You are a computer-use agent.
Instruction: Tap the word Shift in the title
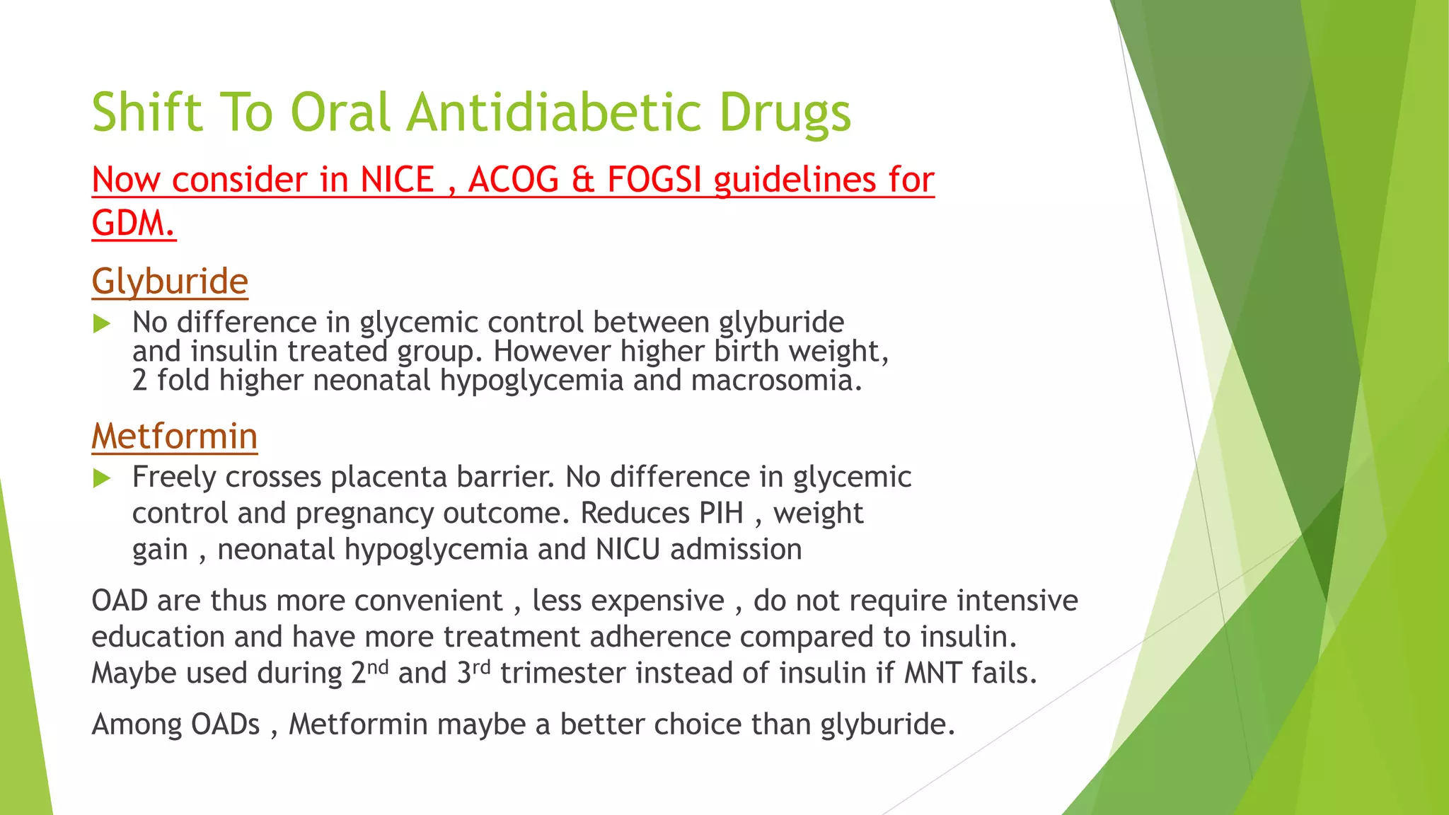click(x=147, y=113)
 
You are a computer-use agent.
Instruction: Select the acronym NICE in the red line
click(x=398, y=180)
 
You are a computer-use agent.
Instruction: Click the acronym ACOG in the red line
click(x=514, y=180)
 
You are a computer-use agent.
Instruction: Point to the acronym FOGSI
click(x=654, y=180)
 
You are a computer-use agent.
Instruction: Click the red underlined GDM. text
click(x=134, y=224)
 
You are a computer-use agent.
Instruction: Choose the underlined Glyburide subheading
click(x=170, y=282)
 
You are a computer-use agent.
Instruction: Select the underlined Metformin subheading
click(x=174, y=436)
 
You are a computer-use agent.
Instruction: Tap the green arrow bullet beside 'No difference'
click(x=102, y=324)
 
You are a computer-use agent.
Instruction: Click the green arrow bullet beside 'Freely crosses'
click(x=102, y=479)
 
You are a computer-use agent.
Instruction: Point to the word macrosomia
click(x=776, y=381)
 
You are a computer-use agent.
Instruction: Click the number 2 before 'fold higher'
click(x=139, y=381)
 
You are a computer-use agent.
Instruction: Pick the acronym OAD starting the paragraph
click(x=120, y=601)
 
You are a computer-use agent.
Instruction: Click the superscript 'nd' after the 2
click(x=379, y=666)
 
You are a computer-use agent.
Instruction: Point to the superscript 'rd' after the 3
click(x=481, y=666)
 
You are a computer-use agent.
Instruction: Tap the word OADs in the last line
click(x=226, y=724)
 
